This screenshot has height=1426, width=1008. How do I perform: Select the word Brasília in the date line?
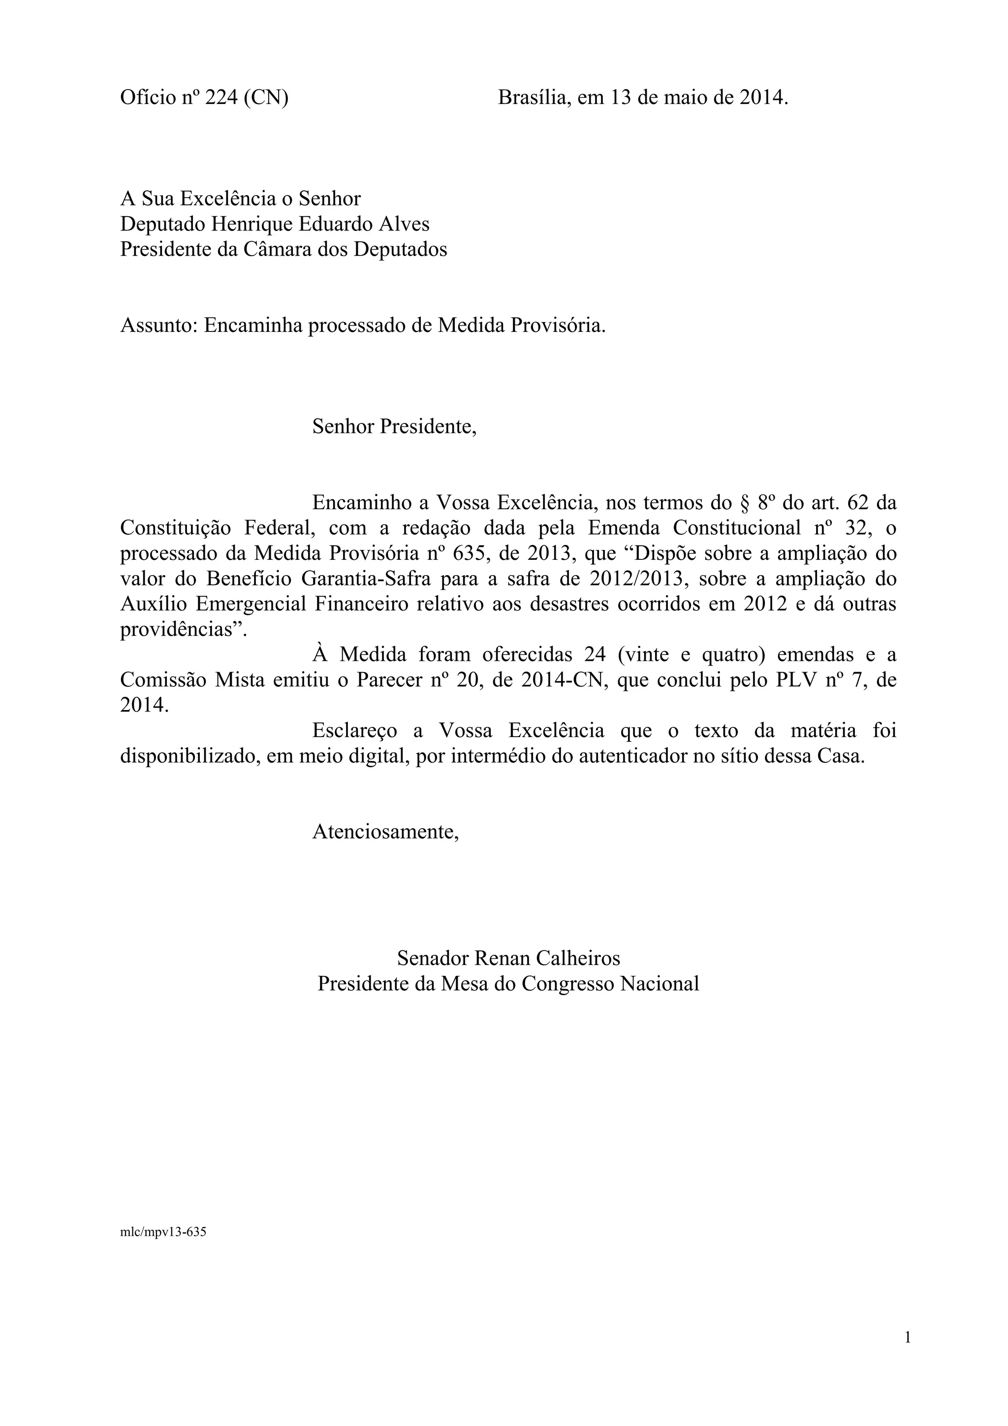[534, 97]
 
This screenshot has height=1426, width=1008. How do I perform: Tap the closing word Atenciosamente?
[385, 832]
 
